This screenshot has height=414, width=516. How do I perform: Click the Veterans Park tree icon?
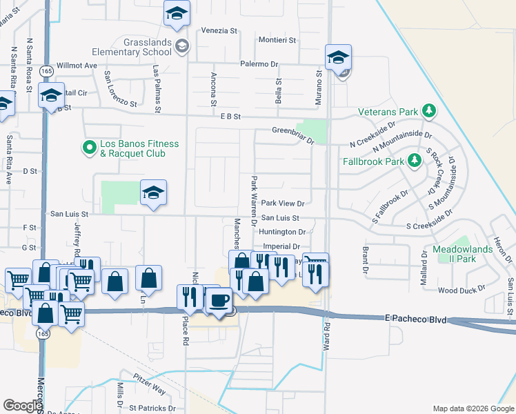click(429, 111)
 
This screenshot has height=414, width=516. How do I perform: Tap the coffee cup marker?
click(219, 300)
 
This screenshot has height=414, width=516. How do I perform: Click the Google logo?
click(23, 405)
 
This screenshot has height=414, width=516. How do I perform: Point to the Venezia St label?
click(219, 30)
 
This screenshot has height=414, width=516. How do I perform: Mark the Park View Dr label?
click(283, 204)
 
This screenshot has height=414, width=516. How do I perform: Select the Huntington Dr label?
click(284, 233)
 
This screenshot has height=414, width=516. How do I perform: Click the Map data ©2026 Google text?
click(473, 408)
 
